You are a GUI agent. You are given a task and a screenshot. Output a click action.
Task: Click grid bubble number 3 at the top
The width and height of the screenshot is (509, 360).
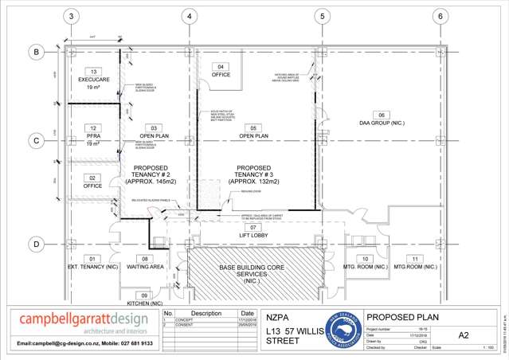click(72, 15)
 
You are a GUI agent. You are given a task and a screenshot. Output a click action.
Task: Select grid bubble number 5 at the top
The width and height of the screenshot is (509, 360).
click(321, 15)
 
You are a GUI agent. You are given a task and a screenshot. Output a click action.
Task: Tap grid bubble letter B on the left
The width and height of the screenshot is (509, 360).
click(35, 52)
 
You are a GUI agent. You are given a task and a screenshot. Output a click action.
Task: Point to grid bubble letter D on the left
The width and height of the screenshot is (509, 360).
click(35, 244)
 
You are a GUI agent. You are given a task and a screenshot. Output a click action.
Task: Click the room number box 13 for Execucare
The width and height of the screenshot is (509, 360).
click(94, 72)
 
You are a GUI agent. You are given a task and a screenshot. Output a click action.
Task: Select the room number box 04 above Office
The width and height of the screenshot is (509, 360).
click(221, 66)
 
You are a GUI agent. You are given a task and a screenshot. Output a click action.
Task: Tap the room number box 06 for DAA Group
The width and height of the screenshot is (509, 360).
click(381, 114)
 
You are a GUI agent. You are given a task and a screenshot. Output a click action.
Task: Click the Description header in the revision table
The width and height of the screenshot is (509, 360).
click(206, 313)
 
